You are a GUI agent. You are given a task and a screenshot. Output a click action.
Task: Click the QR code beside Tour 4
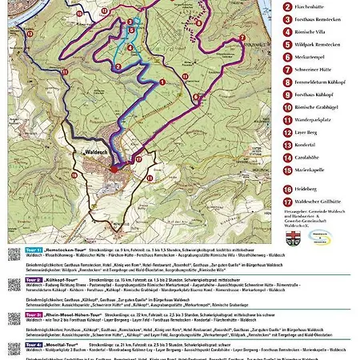tap(14, 348)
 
